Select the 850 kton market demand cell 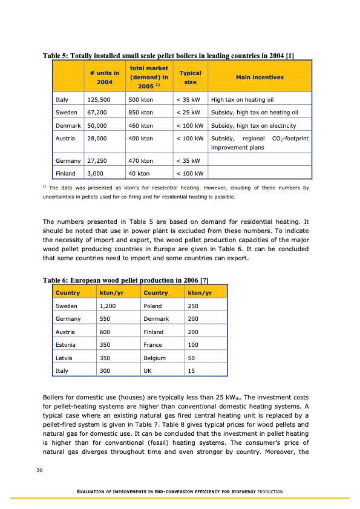(140, 113)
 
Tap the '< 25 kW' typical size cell (188, 113)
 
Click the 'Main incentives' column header (260, 77)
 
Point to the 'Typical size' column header (190, 77)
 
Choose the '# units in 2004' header (103, 77)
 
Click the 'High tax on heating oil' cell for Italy (244, 100)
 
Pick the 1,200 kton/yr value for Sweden (108, 306)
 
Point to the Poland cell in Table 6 (152, 306)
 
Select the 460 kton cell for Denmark (140, 125)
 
